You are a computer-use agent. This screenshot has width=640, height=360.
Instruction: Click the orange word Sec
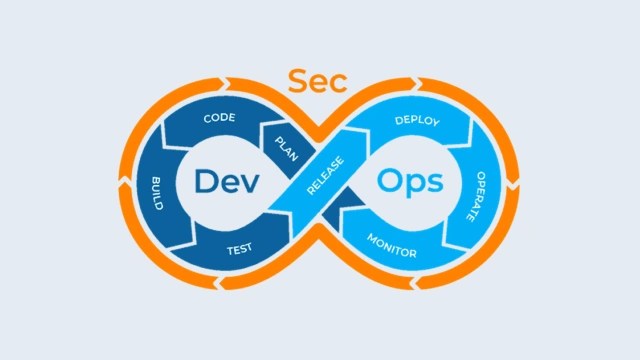click(317, 82)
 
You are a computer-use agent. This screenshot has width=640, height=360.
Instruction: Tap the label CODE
click(219, 119)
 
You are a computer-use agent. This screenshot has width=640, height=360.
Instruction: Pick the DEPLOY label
click(417, 121)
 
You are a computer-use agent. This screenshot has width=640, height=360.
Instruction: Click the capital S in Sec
click(297, 82)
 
